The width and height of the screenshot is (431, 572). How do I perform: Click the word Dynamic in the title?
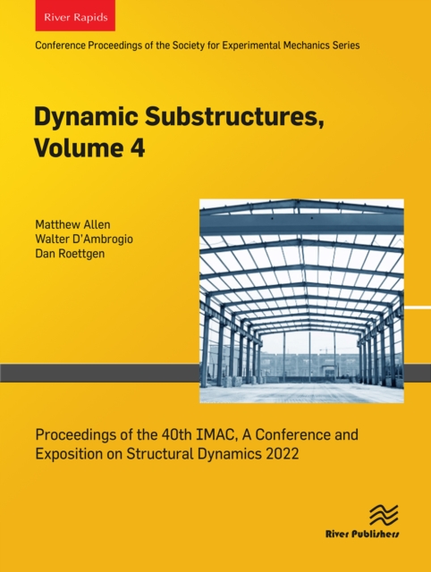coord(73,118)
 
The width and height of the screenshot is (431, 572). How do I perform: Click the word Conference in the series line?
coord(60,45)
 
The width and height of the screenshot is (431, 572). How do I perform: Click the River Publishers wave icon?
coord(383,516)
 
